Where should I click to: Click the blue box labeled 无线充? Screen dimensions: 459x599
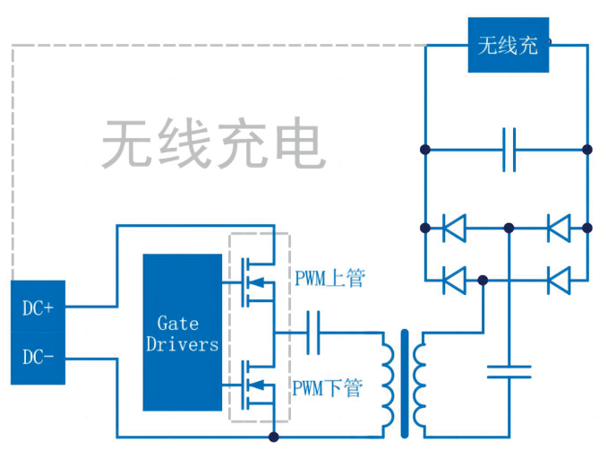point(508,45)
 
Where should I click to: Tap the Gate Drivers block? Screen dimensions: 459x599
point(182,333)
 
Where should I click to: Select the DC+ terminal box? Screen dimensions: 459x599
point(38,307)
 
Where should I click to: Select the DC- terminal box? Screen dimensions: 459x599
point(38,358)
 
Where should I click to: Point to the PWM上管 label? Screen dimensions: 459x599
point(329,278)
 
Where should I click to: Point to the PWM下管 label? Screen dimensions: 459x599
point(328,388)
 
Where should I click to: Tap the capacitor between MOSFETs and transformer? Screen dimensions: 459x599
point(314,332)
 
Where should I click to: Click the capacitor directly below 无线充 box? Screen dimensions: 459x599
point(509,149)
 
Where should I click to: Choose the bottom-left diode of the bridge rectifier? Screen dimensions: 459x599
point(454,281)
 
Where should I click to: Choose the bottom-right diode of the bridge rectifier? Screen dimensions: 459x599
point(559,281)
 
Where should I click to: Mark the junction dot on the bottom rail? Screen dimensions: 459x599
point(274,437)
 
